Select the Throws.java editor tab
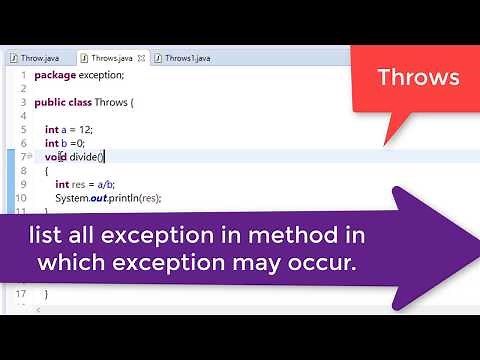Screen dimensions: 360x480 point(113,58)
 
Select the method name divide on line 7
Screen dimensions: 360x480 point(86,157)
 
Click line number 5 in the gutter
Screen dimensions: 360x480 point(22,130)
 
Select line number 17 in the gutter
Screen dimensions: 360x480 point(20,293)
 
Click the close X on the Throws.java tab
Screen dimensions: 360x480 point(144,58)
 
